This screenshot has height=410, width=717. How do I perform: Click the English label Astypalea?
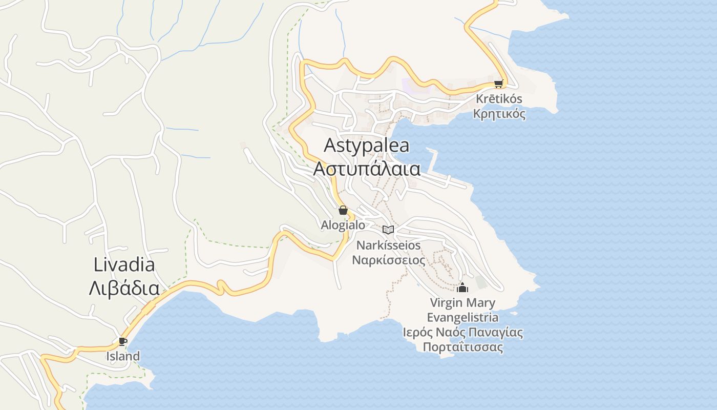click(367, 146)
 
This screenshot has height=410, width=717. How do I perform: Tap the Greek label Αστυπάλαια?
click(367, 169)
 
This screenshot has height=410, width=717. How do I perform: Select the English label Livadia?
click(124, 265)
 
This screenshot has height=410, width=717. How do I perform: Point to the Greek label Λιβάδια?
click(124, 289)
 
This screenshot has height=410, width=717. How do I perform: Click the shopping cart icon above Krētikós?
click(498, 84)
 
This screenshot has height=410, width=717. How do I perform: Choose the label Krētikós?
click(499, 99)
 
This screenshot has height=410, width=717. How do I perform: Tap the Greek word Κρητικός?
click(499, 114)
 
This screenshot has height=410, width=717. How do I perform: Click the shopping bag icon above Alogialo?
click(343, 210)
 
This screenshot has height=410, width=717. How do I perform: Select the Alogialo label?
click(343, 225)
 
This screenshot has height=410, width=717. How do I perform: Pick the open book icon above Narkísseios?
click(388, 230)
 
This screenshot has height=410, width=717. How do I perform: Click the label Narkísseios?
click(388, 245)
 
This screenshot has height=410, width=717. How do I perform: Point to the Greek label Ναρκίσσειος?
click(388, 260)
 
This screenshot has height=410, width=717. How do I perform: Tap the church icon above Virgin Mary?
click(463, 288)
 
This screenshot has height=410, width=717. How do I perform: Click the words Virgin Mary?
click(463, 302)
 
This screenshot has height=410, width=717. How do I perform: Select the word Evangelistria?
click(463, 317)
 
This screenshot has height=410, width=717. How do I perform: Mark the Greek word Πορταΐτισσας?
click(463, 347)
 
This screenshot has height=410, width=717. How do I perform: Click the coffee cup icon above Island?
click(122, 341)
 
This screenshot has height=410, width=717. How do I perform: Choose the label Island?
click(123, 356)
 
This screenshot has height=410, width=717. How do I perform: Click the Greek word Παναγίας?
click(497, 333)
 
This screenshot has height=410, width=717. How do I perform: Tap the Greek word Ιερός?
click(417, 333)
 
